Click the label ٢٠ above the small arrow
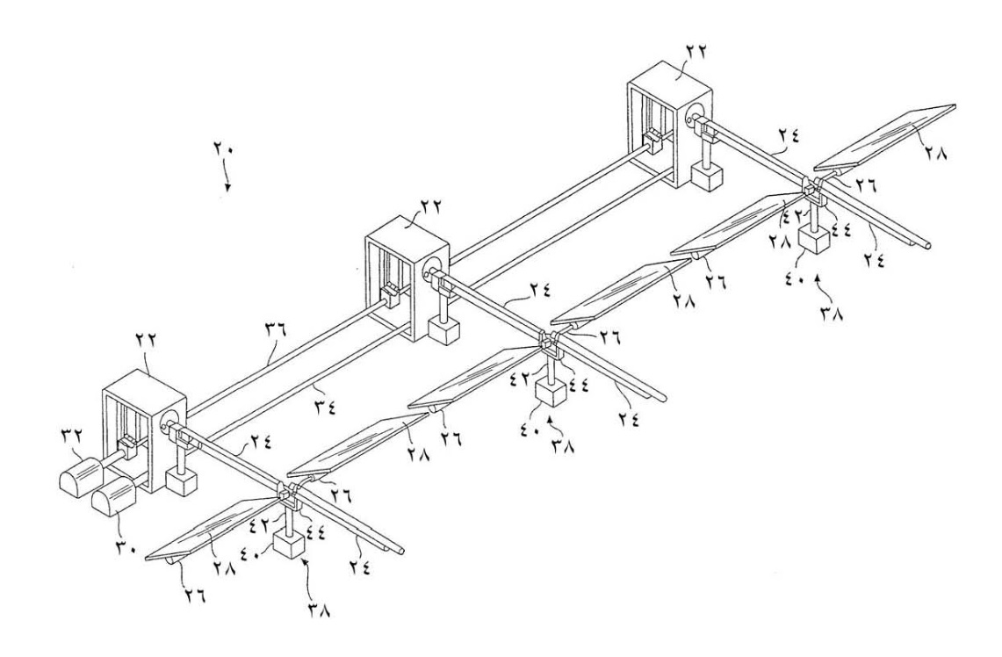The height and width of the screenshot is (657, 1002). [223, 150]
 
